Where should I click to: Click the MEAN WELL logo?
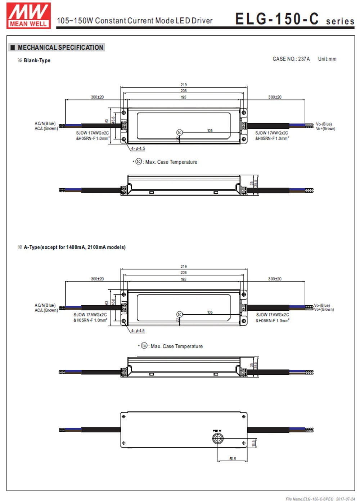click(28, 15)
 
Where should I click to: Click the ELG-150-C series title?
click(294, 19)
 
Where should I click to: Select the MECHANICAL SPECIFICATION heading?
click(60, 48)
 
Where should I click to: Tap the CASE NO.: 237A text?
click(291, 59)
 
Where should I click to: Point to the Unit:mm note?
click(327, 59)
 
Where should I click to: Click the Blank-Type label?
click(37, 60)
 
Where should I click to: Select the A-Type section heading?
click(75, 247)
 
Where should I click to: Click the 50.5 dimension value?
click(233, 459)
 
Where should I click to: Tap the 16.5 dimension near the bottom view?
click(253, 443)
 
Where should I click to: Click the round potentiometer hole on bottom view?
click(217, 438)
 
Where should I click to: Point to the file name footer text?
click(320, 499)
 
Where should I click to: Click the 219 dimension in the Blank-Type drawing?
click(184, 85)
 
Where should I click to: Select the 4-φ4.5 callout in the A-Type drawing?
click(138, 331)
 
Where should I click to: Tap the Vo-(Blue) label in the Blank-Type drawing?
click(324, 124)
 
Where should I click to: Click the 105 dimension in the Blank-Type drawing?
click(210, 130)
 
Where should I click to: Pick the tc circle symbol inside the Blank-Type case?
click(179, 133)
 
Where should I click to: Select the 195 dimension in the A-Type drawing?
click(184, 279)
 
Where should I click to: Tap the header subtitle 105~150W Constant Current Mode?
click(135, 21)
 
